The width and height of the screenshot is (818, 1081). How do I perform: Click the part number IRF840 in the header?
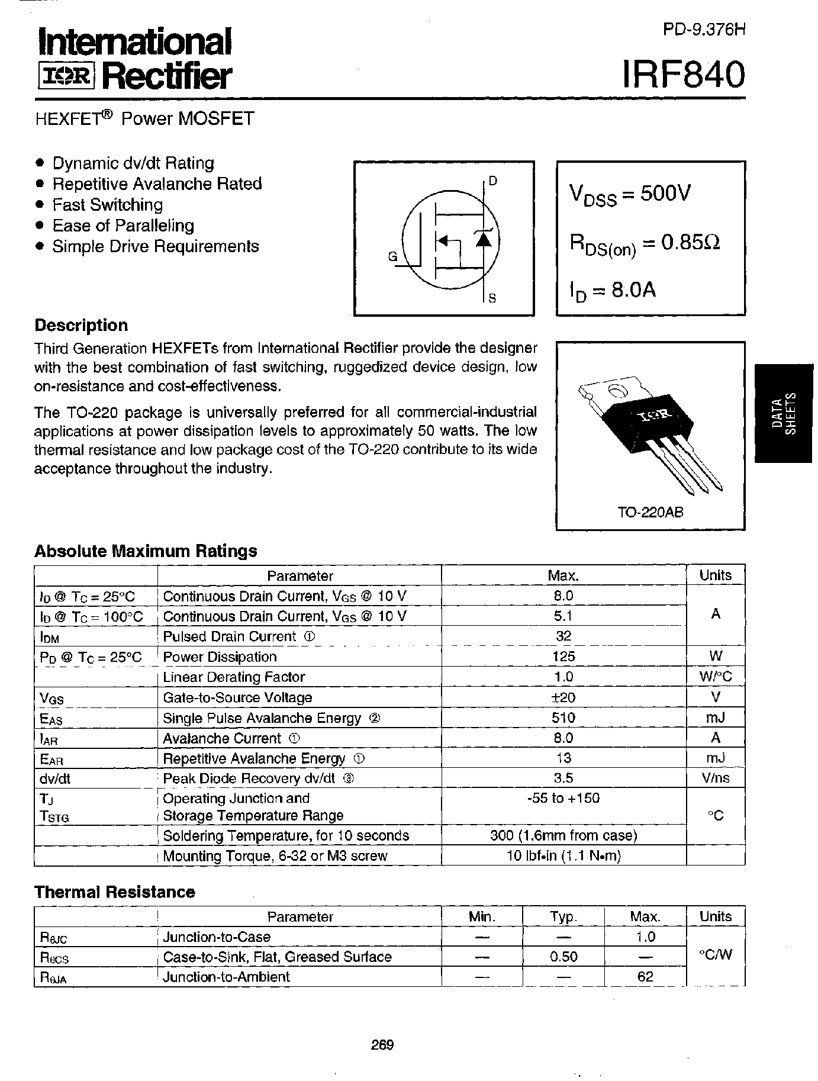(x=684, y=75)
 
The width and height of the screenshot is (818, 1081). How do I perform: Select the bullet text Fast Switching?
(x=107, y=205)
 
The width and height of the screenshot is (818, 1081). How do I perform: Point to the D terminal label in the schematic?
(x=493, y=181)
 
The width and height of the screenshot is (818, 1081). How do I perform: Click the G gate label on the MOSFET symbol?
(x=392, y=257)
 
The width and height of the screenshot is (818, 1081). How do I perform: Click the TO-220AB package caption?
(x=650, y=512)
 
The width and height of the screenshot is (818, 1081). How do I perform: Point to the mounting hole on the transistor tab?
(x=617, y=391)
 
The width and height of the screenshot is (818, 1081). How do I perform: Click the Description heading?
(x=81, y=326)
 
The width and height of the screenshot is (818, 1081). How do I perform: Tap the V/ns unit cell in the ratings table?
(x=715, y=778)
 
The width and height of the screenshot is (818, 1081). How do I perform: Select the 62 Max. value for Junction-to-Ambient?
(x=645, y=977)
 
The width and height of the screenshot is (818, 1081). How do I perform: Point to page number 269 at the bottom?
(x=382, y=1044)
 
